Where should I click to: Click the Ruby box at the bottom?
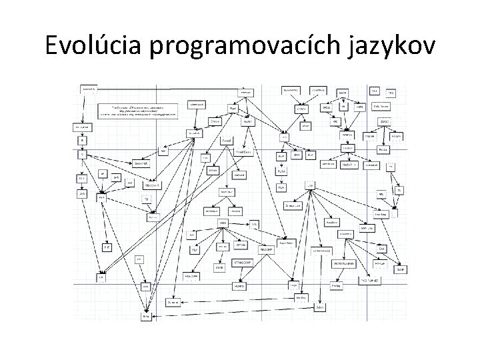(146, 317)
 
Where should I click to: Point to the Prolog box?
(335, 285)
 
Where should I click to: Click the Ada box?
(144, 287)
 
